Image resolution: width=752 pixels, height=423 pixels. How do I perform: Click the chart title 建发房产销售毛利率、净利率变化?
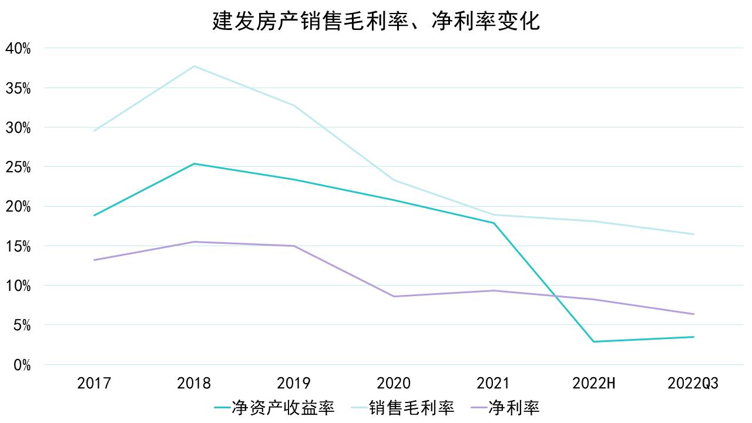pyautogui.click(x=376, y=22)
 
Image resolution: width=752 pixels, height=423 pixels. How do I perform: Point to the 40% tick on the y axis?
pyautogui.click(x=18, y=48)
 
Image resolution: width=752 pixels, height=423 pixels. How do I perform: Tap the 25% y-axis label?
pyautogui.click(x=18, y=167)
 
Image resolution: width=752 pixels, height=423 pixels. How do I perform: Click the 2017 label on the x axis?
pyautogui.click(x=94, y=384)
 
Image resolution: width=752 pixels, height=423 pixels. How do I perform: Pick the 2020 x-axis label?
pyautogui.click(x=394, y=384)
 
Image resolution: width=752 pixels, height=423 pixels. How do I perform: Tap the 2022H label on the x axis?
pyautogui.click(x=593, y=384)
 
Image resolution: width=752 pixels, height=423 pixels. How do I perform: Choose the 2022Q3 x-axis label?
pyautogui.click(x=693, y=384)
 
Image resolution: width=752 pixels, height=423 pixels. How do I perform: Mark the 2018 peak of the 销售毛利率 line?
pyautogui.click(x=194, y=66)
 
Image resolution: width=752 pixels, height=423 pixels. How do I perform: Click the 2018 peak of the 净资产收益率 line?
pyautogui.click(x=194, y=164)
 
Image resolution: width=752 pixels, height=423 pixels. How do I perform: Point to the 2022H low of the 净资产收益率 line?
pyautogui.click(x=593, y=341)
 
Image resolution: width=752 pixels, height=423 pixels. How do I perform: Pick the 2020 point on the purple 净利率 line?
pyautogui.click(x=394, y=296)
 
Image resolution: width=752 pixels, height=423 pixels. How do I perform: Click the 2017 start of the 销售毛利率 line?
pyautogui.click(x=94, y=130)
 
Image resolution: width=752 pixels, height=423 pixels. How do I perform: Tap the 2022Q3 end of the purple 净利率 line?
pyautogui.click(x=693, y=314)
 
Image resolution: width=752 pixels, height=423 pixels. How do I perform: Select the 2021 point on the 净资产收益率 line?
pyautogui.click(x=493, y=223)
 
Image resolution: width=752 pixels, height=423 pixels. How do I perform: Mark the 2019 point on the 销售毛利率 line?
pyautogui.click(x=294, y=105)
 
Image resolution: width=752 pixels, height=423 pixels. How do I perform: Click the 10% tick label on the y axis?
pyautogui.click(x=18, y=286)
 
